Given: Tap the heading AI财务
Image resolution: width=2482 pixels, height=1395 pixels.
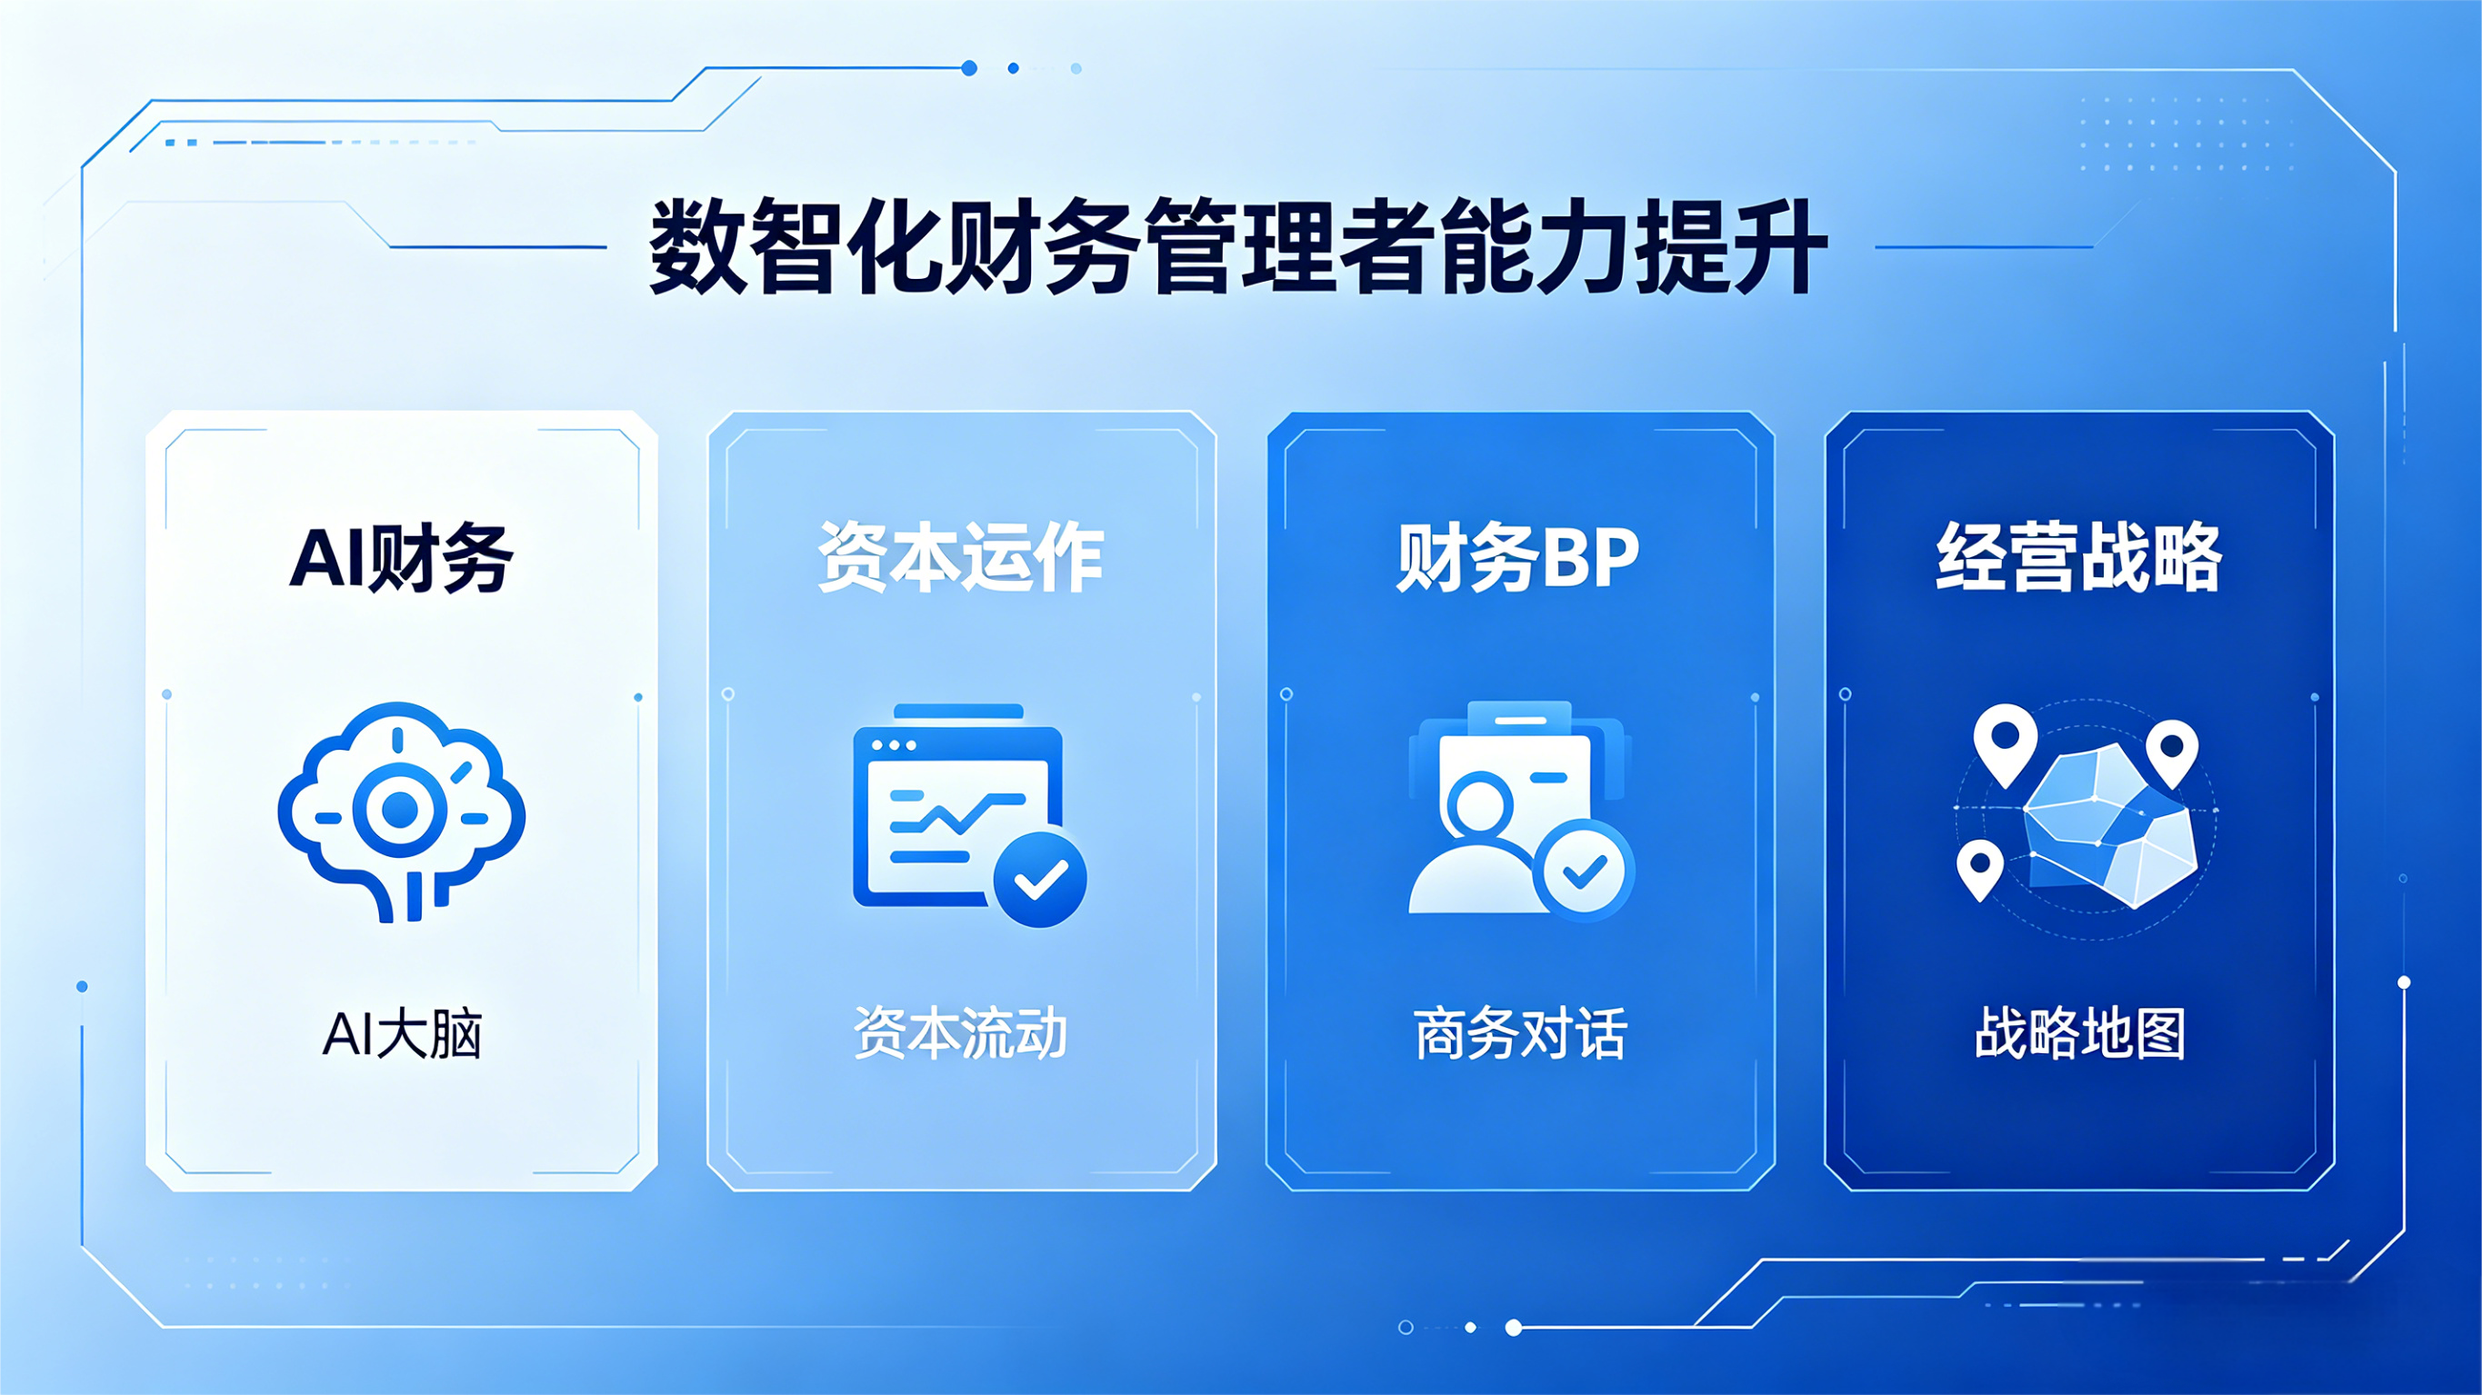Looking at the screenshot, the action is click(x=401, y=558).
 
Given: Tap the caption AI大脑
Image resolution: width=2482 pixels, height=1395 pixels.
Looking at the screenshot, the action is click(x=402, y=1033).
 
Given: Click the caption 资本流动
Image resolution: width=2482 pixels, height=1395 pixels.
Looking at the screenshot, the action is click(x=961, y=1033).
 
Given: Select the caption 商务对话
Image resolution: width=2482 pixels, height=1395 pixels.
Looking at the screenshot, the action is click(x=1520, y=1033).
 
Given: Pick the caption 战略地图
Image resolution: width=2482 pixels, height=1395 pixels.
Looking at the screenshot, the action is click(x=2080, y=1033).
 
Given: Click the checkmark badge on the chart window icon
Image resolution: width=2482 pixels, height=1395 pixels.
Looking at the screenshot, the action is click(x=1040, y=879).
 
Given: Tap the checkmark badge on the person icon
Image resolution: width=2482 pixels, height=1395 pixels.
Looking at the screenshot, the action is click(x=1584, y=871).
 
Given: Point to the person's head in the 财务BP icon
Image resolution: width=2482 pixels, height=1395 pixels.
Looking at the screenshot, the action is click(x=1478, y=805).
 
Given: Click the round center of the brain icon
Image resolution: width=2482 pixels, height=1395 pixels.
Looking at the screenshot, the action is click(x=399, y=811).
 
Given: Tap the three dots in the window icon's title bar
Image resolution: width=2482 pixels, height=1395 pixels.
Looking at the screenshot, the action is click(x=893, y=746).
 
